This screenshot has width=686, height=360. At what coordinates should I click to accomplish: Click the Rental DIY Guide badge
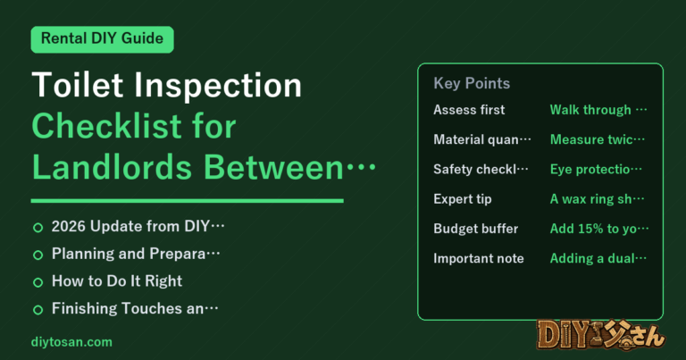pos(103,39)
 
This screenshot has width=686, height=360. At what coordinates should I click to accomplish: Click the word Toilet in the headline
pos(78,85)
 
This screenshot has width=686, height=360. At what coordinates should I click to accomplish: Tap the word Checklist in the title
pos(105,126)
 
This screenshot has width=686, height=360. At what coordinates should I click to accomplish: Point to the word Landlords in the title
pos(112,167)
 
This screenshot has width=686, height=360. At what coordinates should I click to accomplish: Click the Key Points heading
pos(472,83)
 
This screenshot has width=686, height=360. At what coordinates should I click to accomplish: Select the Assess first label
pos(469,110)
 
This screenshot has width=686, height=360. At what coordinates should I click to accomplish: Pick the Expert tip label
pos(463,199)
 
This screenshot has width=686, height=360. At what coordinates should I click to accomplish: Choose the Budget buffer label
pos(475,229)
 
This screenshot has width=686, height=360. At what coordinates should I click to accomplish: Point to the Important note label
pos(479,258)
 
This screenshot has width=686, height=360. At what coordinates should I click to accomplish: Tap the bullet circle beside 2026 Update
pos(38,228)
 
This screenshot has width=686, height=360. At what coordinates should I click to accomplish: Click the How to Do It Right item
pos(117,280)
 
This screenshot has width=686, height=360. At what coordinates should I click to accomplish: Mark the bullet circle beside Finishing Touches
pos(38,310)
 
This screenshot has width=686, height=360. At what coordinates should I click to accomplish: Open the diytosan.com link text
pos(71,341)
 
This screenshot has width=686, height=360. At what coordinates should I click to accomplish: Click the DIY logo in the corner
pos(601,335)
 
